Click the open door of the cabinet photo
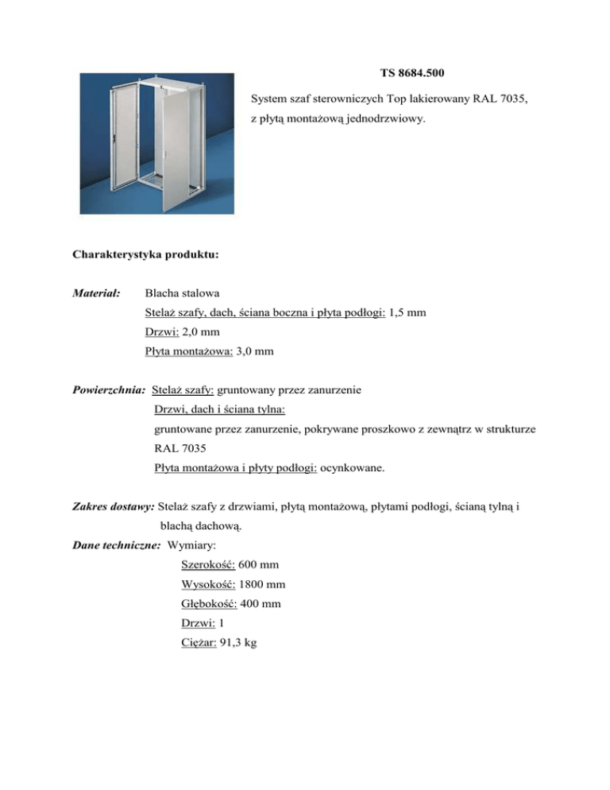click(182, 151)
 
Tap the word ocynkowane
click(353, 469)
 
